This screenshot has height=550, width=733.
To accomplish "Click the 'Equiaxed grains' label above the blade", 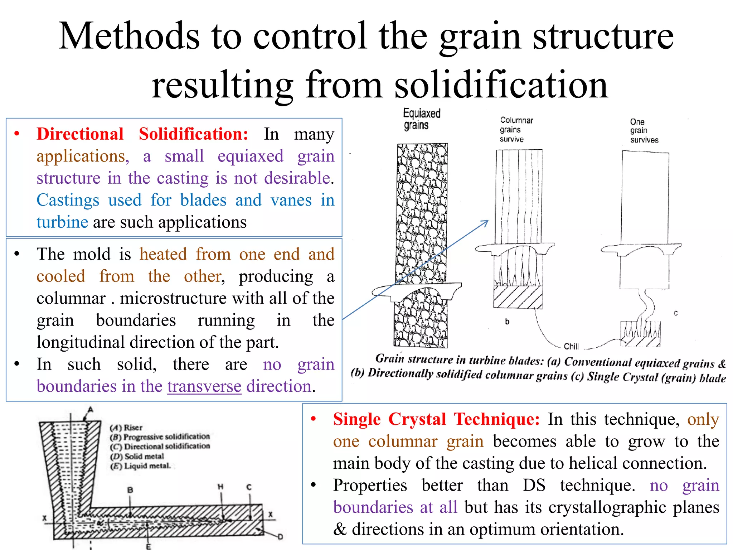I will pyautogui.click(x=421, y=119).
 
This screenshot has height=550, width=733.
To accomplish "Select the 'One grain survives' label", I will pyautogui.click(x=644, y=131).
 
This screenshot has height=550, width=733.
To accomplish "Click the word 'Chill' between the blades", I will pyautogui.click(x=571, y=346).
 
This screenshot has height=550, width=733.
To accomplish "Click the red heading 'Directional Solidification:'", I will pyautogui.click(x=142, y=134).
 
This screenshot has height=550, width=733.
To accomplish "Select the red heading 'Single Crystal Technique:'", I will pyautogui.click(x=436, y=419).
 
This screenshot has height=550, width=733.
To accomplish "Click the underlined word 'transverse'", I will pyautogui.click(x=204, y=387).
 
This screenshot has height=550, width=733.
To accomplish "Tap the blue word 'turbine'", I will pyautogui.click(x=62, y=222).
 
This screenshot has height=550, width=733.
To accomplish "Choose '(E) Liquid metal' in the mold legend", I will pyautogui.click(x=140, y=466).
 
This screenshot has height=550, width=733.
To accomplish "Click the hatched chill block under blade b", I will pyautogui.click(x=518, y=297).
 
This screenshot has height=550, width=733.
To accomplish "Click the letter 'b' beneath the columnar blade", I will pyautogui.click(x=507, y=322).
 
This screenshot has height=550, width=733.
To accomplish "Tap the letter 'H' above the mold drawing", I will pyautogui.click(x=220, y=487).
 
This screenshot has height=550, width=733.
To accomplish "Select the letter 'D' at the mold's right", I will pyautogui.click(x=280, y=537).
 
